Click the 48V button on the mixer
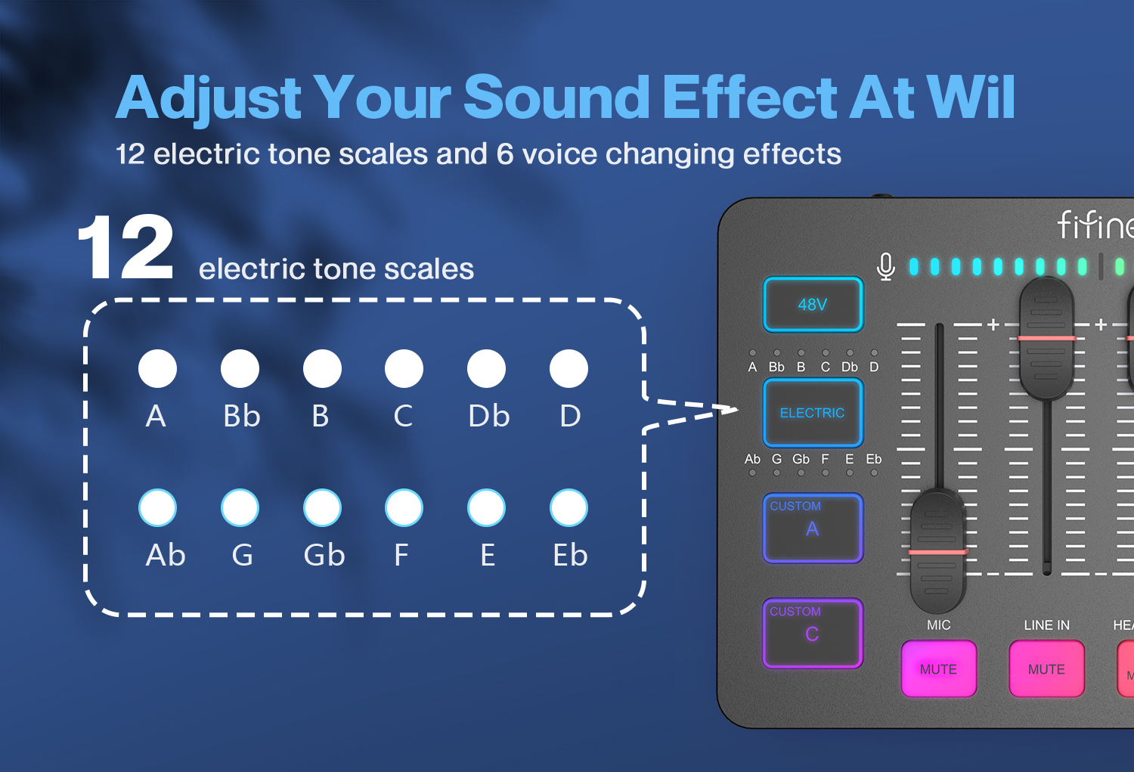[x=813, y=305]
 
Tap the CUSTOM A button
[x=813, y=528]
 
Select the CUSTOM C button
[x=813, y=633]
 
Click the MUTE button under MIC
[x=938, y=669]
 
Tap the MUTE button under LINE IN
[x=1046, y=669]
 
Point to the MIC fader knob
[x=937, y=551]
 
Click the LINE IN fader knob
[x=1046, y=337]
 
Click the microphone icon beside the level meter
[x=886, y=266]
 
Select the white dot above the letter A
[x=157, y=369]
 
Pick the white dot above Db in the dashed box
[x=486, y=369]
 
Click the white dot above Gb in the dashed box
[x=322, y=507]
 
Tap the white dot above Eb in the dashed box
[x=569, y=507]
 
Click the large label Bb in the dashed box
[x=241, y=416]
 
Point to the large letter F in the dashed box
[x=401, y=555]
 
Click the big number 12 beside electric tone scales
[x=125, y=248]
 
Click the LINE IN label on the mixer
[x=1046, y=625]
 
